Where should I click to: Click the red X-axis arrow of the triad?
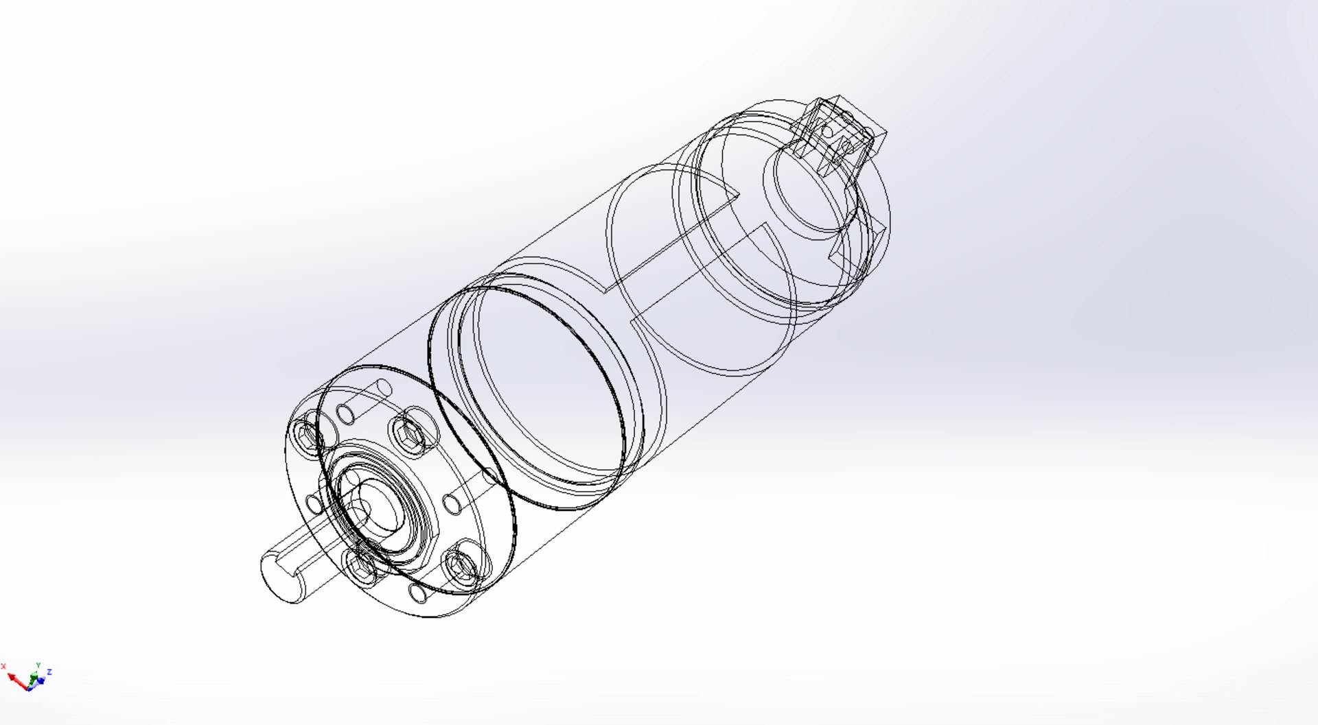pos(16,680)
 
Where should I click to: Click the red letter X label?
pos(3,666)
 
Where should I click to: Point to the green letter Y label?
pos(38,665)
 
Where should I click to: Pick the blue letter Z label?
pos(49,671)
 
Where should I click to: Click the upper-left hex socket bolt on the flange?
pos(306,433)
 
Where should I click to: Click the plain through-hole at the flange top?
pos(345,414)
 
